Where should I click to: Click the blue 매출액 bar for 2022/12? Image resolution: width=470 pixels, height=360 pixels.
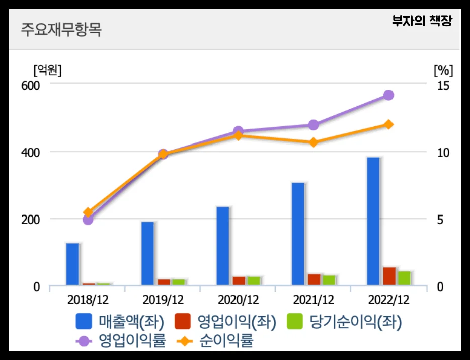tap(373, 222)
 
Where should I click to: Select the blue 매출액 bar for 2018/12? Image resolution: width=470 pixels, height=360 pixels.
tap(72, 264)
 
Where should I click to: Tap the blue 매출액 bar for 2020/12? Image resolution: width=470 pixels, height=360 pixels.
tap(223, 246)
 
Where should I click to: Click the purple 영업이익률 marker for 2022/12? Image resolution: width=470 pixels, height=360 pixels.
tap(388, 95)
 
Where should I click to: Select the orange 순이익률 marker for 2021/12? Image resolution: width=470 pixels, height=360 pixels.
tap(314, 142)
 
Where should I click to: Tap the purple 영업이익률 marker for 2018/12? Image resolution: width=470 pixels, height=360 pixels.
tap(88, 219)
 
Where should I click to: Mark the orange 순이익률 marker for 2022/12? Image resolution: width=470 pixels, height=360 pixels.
tap(388, 124)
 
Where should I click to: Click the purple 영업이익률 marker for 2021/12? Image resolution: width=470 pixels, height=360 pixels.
tap(314, 125)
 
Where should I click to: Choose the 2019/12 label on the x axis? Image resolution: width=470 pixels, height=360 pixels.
tap(163, 300)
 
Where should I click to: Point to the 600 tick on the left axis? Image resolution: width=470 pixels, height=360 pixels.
tap(30, 85)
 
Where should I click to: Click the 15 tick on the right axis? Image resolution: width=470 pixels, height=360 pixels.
tap(442, 85)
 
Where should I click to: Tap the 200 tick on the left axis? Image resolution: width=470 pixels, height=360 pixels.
tap(30, 220)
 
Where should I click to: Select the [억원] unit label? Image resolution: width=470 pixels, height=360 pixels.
tap(47, 70)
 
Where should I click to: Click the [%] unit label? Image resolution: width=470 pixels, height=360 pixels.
tap(443, 70)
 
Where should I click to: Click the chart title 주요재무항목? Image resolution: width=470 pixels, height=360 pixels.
tap(61, 29)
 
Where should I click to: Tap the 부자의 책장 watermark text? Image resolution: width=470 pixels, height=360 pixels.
tap(422, 21)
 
